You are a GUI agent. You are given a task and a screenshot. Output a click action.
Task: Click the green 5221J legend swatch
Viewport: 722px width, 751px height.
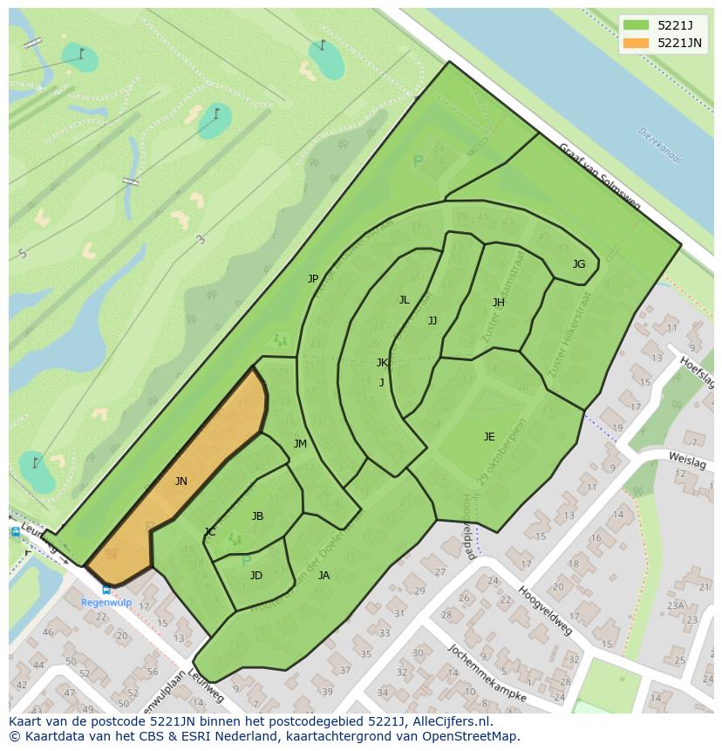tap(637, 25)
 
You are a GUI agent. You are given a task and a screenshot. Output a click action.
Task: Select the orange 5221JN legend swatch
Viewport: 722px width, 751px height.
tap(637, 43)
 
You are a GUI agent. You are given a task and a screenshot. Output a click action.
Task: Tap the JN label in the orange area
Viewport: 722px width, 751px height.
tap(180, 481)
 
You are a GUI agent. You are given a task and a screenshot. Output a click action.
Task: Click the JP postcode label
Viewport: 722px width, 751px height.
tap(313, 279)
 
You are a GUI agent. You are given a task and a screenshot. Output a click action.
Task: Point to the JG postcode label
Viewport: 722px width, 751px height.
tap(579, 263)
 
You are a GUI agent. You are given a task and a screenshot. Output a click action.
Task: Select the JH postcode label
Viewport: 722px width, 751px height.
tap(498, 303)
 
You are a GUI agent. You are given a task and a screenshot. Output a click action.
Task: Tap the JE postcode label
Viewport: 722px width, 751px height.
tap(489, 437)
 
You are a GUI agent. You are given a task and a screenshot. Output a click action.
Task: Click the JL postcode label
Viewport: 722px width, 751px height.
tap(404, 300)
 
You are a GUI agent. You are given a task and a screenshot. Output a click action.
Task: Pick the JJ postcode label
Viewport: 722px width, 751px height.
tap(433, 321)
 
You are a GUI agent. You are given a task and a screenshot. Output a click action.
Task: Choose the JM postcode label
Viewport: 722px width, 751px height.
tap(300, 444)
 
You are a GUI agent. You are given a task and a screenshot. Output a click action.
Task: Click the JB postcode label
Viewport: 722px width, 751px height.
tap(257, 516)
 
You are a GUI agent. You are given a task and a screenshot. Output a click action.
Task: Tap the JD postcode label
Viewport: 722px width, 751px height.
tap(256, 576)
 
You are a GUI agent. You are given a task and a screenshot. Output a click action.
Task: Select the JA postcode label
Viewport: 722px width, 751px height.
tap(324, 576)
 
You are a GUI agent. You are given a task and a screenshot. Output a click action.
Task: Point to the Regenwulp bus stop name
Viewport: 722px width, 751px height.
tap(106, 603)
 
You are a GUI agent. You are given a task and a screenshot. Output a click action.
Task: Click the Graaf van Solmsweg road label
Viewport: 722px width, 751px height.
tap(599, 177)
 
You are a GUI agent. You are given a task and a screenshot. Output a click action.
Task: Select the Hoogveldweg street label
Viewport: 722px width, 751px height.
tap(545, 610)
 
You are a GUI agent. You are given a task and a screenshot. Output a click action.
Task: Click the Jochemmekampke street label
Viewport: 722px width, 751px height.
tap(487, 673)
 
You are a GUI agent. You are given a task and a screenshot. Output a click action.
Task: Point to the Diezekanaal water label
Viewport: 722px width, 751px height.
tap(659, 146)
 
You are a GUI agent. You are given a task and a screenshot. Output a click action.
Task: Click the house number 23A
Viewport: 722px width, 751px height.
tap(676, 605)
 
